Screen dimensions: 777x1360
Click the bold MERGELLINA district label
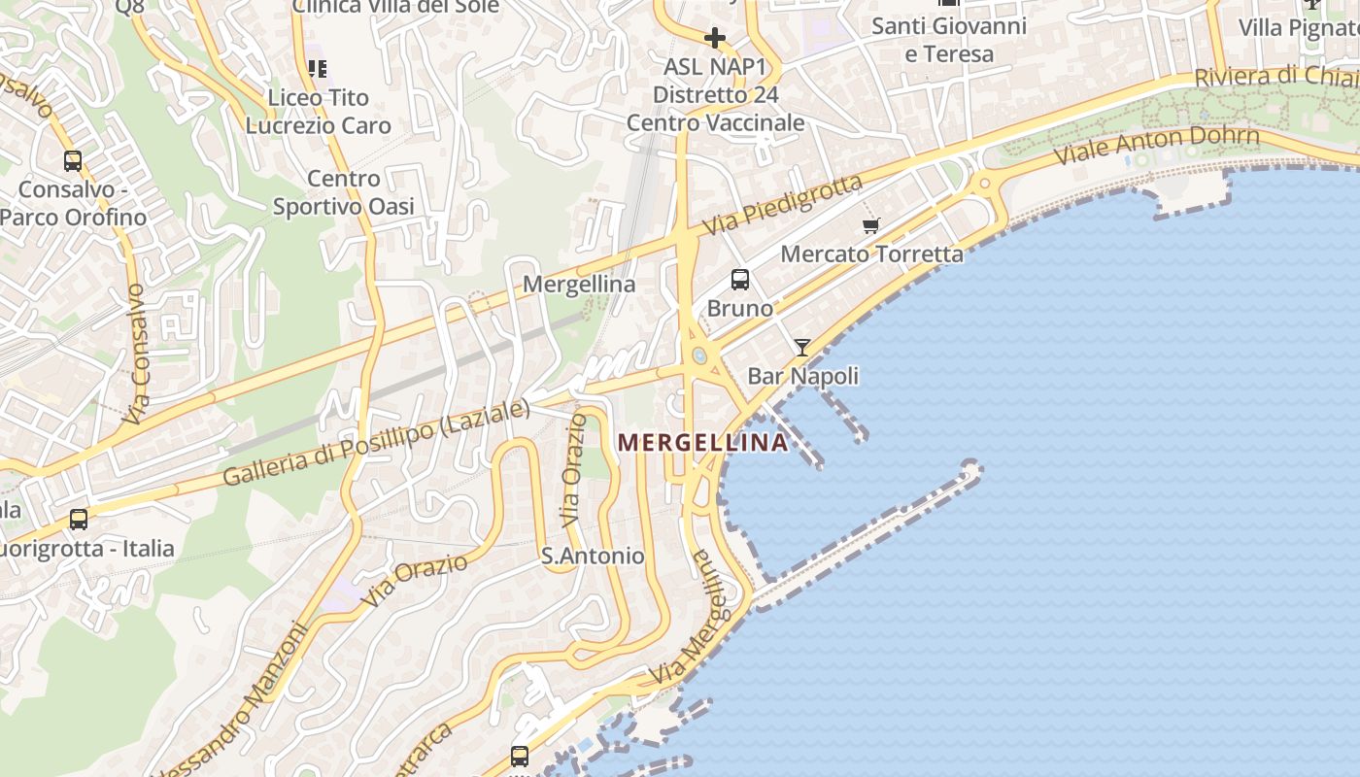point(702,443)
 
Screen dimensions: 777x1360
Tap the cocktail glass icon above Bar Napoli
point(802,347)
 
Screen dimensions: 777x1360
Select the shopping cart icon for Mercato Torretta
point(871,225)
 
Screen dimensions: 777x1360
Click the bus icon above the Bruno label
point(740,280)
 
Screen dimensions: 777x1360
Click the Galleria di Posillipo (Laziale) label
point(377,443)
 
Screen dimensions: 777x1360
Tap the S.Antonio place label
point(593,556)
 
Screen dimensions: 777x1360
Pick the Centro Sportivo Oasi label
point(344,192)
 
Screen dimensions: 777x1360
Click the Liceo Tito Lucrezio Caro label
point(319,112)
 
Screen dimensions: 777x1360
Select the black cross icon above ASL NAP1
point(715,38)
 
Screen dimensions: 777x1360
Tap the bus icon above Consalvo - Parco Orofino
point(73,160)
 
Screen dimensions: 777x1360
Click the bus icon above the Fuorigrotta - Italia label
point(79,520)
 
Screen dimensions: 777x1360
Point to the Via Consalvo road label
point(136,354)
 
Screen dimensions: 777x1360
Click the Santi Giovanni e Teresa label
point(949,40)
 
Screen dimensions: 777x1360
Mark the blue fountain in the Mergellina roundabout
point(699,355)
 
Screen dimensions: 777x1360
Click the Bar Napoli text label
point(803,376)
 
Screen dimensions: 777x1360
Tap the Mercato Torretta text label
point(872,254)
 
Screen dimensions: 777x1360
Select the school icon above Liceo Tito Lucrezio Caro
point(317,68)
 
